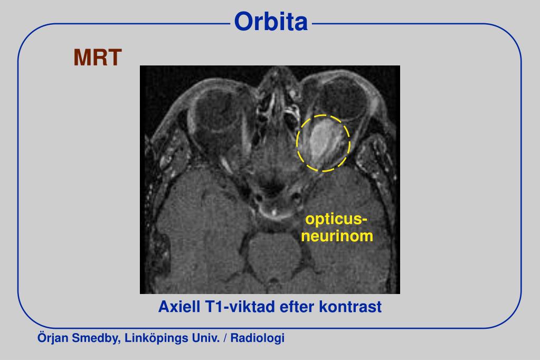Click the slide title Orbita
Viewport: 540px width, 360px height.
pyautogui.click(x=271, y=22)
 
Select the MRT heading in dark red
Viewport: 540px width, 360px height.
pyautogui.click(x=98, y=58)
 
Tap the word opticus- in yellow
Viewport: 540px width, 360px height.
pyautogui.click(x=337, y=219)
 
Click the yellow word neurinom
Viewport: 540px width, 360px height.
pyautogui.click(x=337, y=235)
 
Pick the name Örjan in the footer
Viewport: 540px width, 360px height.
pyautogui.click(x=51, y=338)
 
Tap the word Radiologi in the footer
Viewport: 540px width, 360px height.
pyautogui.click(x=258, y=338)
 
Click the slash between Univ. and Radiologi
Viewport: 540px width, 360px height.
pyautogui.click(x=225, y=338)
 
